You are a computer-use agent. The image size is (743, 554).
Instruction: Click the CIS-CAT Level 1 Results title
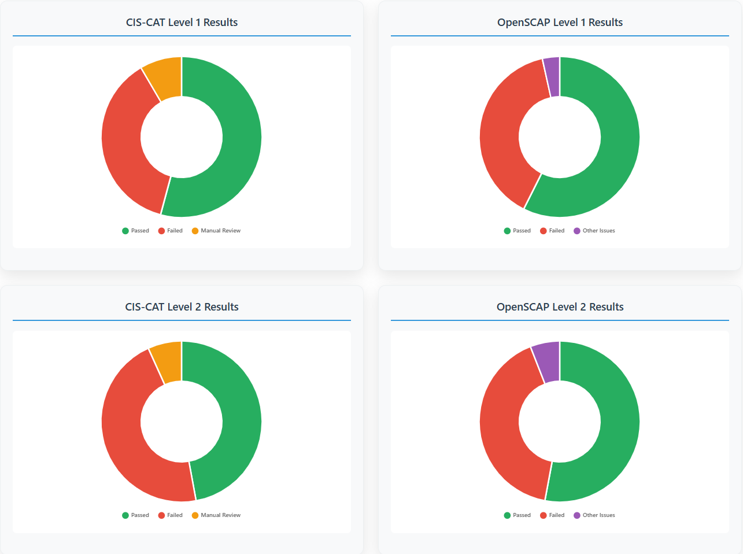[182, 23]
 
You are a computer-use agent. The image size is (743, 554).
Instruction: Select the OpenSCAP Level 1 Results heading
[560, 23]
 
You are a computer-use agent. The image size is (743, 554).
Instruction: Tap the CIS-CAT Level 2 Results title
[182, 307]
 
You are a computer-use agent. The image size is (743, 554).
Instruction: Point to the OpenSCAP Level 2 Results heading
[560, 307]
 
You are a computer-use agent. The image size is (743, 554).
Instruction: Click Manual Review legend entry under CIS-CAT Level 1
[216, 231]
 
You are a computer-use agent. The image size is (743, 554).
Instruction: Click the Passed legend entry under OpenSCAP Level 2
[517, 515]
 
